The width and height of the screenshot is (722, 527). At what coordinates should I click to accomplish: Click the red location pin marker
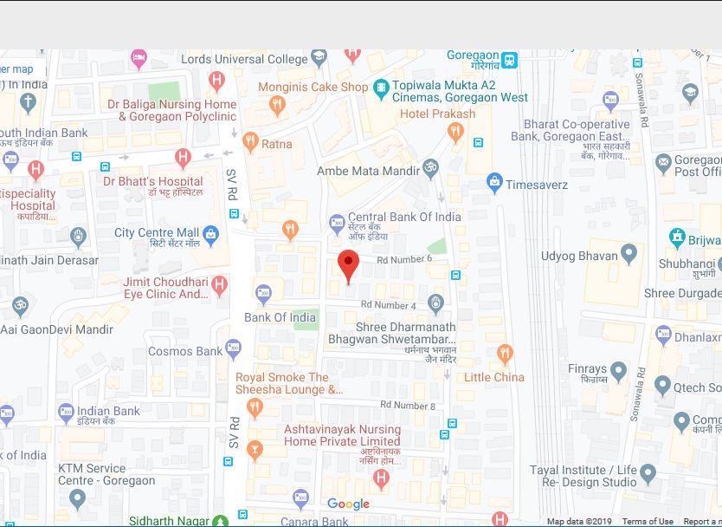coord(348,265)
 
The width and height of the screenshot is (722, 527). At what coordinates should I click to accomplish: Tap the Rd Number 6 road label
coord(404,259)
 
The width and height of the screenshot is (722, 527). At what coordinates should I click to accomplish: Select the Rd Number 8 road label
coord(408,406)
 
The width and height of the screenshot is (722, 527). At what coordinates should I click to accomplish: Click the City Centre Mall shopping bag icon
coord(210,233)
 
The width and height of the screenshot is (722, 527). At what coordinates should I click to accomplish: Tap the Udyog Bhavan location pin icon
coord(629,256)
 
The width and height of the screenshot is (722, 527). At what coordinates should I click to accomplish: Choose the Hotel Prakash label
coord(437,114)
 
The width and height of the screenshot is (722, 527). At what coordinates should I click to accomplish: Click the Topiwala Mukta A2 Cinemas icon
coord(381,87)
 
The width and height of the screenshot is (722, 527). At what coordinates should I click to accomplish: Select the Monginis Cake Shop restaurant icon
coord(277,106)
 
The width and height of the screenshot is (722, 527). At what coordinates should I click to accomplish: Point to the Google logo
coord(348,504)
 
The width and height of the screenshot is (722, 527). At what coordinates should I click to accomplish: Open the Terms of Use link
coord(648,522)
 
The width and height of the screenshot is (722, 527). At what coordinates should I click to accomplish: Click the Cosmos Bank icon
coord(233,350)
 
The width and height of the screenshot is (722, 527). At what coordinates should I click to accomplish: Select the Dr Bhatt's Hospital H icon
coord(182,158)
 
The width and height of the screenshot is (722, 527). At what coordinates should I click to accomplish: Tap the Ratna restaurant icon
coord(250,143)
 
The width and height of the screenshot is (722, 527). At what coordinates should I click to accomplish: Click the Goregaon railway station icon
coord(510,60)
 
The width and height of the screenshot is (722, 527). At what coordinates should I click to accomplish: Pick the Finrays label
coord(587,369)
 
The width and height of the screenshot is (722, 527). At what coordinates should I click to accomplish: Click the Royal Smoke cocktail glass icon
coord(255,448)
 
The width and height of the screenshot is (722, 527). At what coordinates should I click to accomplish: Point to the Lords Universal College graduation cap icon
coord(319,59)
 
